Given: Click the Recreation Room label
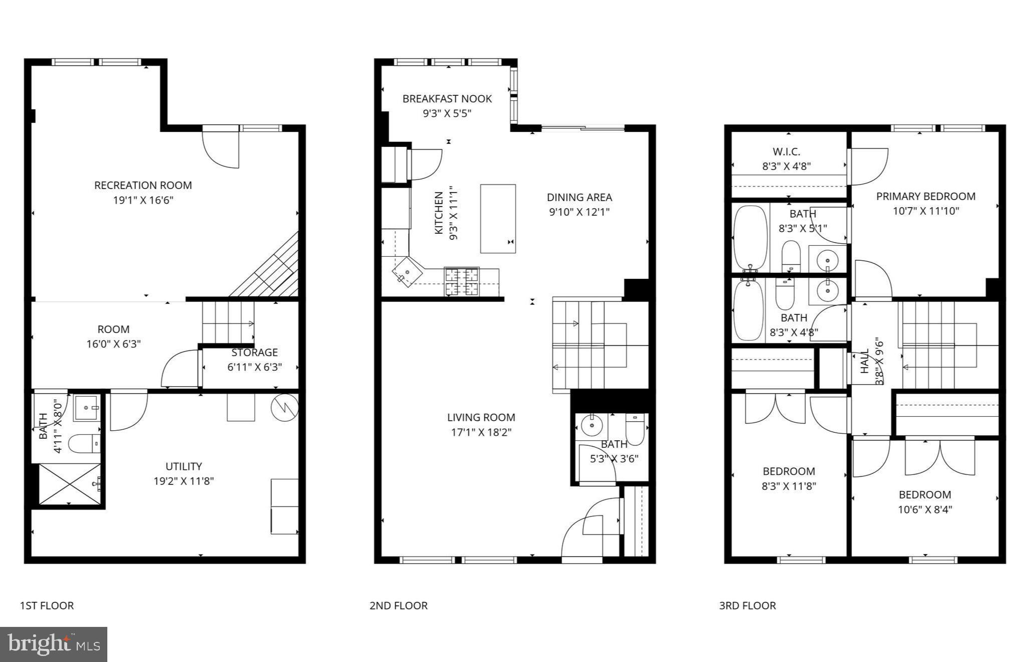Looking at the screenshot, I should (x=143, y=185).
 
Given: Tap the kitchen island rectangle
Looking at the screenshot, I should (x=497, y=219).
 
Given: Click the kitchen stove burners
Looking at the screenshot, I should (x=462, y=281).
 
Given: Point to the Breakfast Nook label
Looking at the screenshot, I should (x=447, y=99).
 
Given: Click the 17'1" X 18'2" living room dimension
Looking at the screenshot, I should (x=481, y=432).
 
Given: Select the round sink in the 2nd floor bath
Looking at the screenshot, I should (x=592, y=426).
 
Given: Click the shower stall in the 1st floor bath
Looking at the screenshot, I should (x=70, y=484).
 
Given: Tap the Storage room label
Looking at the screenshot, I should (x=254, y=353).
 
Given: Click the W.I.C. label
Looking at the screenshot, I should (x=786, y=151).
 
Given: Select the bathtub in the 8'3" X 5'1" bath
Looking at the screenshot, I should (x=750, y=238).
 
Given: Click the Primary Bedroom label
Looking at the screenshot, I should (x=926, y=197).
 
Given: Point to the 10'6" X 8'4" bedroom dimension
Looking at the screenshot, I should (x=925, y=510).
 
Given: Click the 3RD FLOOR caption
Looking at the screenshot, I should (x=747, y=605).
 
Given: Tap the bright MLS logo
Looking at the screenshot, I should (x=54, y=644).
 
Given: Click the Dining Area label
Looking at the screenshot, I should (x=579, y=197).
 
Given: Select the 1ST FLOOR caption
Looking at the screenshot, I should (x=47, y=605).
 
